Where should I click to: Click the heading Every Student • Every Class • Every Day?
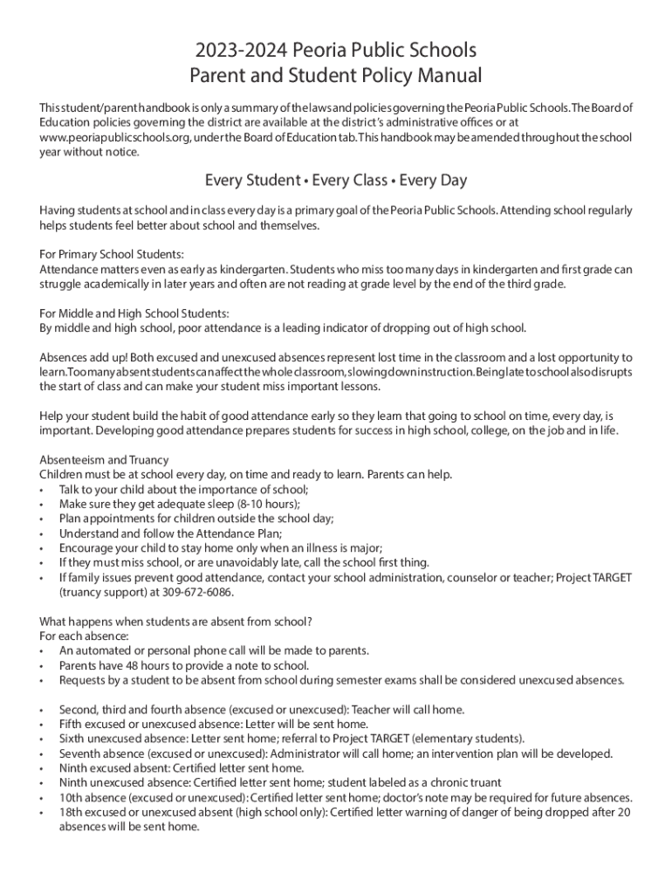point(336,181)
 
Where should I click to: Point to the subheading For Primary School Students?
point(112,255)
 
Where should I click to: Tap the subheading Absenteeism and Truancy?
point(104,460)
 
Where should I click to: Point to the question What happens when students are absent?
point(175,622)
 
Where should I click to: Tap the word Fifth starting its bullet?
point(72,724)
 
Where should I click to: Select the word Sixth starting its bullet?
point(73,739)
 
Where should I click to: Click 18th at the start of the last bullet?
point(71,813)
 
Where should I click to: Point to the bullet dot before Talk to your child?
point(43,490)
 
